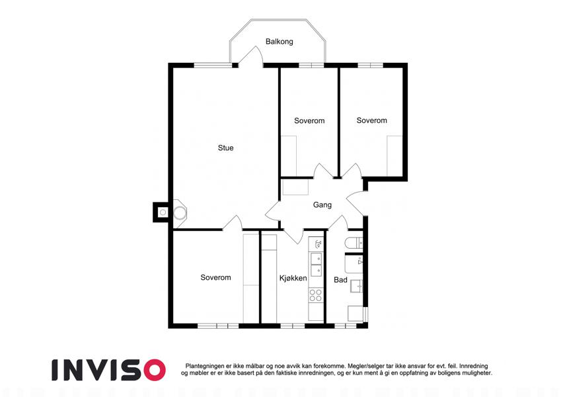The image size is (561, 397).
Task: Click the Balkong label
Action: pyautogui.click(x=279, y=42)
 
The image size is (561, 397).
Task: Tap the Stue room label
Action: pyautogui.click(x=226, y=148)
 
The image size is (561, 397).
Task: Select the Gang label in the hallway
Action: pyautogui.click(x=322, y=204)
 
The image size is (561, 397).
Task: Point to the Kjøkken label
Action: pyautogui.click(x=293, y=278)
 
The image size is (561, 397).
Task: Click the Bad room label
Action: pyautogui.click(x=340, y=279)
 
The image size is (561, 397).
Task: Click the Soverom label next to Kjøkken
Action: pyautogui.click(x=215, y=277)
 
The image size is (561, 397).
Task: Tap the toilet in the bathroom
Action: pyautogui.click(x=354, y=243)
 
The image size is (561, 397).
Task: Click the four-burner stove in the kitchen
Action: pyautogui.click(x=315, y=295)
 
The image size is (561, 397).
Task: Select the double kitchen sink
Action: pyautogui.click(x=316, y=264)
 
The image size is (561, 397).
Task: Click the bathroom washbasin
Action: pyautogui.click(x=356, y=286)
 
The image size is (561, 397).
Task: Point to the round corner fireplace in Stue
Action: pyautogui.click(x=180, y=213)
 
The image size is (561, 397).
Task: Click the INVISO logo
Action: pyautogui.click(x=109, y=370)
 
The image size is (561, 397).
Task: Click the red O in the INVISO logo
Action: pyautogui.click(x=155, y=370)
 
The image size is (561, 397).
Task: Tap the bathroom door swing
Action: pyautogui.click(x=338, y=223)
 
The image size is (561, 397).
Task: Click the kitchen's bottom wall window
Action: pyautogui.click(x=292, y=326)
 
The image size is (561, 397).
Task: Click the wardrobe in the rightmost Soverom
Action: pyautogui.click(x=394, y=156)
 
